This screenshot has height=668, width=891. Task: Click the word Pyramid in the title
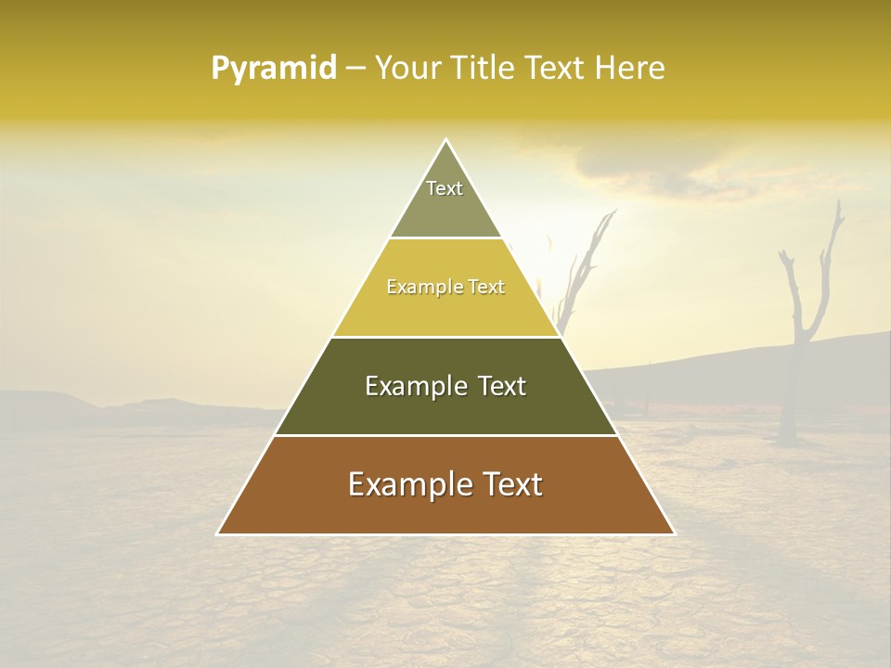click(x=273, y=69)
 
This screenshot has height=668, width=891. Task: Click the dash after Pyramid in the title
click(x=355, y=69)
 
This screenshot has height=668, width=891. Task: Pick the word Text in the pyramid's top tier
click(x=445, y=188)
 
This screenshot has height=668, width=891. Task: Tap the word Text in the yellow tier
click(x=486, y=287)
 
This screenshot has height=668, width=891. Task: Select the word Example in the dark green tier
click(x=414, y=386)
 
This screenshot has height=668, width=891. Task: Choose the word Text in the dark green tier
click(x=502, y=386)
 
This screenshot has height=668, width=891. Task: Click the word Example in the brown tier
click(x=405, y=484)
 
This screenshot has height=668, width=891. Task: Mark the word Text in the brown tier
click(x=512, y=484)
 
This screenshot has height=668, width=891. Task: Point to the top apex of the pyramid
click(x=445, y=140)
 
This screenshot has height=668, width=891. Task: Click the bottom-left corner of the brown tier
click(x=218, y=533)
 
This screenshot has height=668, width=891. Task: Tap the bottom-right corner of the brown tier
click(x=674, y=533)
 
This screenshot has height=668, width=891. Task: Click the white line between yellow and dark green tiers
click(x=445, y=337)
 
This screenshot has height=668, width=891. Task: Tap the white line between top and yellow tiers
click(x=445, y=238)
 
